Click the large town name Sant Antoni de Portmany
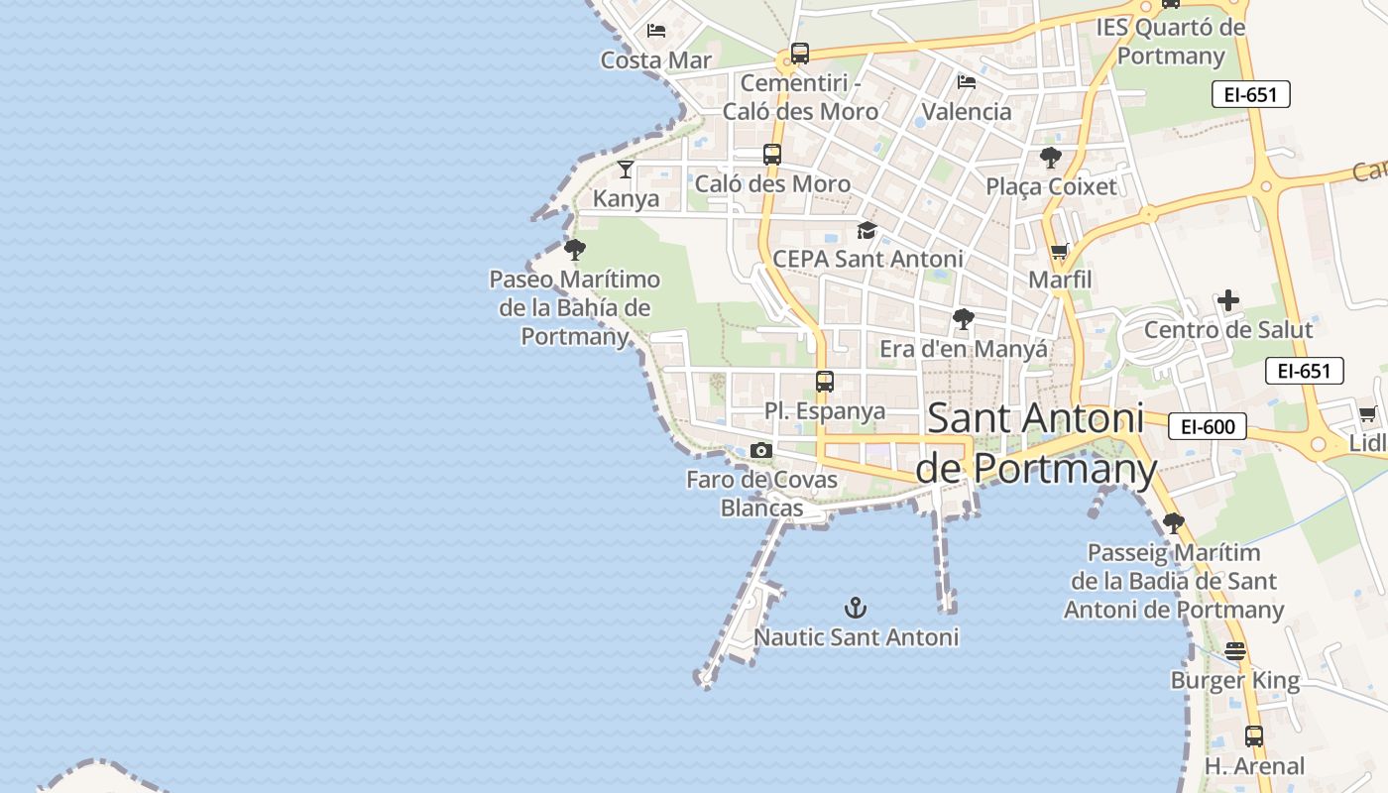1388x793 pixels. point(1035,443)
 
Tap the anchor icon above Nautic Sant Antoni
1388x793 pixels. point(855,608)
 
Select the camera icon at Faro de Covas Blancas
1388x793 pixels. point(761,451)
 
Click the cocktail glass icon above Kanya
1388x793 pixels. point(626,170)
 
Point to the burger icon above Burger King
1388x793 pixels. point(1234,651)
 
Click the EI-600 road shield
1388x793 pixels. point(1207,427)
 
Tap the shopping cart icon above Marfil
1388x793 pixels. point(1060,252)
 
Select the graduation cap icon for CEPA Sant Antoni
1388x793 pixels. point(867,231)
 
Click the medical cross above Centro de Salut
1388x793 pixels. point(1228,300)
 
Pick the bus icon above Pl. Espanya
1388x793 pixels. point(824,382)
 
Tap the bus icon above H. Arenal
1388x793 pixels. point(1254,736)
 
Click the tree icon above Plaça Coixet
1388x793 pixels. point(1051,158)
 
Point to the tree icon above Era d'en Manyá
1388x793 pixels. point(963,319)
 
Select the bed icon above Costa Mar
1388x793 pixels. point(655,31)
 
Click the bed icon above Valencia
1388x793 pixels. point(967,81)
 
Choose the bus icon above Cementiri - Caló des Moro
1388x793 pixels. point(800,54)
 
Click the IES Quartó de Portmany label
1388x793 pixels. point(1171,41)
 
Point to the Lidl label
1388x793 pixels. point(1369,442)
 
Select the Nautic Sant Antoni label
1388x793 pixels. point(857,637)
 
